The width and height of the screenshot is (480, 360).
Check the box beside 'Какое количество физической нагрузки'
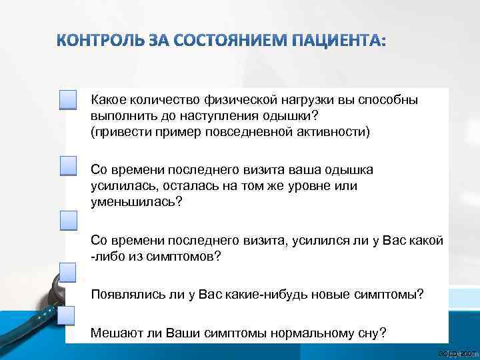tap(69, 100)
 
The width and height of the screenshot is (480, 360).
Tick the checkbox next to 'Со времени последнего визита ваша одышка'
tap(69, 166)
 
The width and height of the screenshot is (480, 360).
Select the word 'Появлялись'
tap(122, 294)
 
